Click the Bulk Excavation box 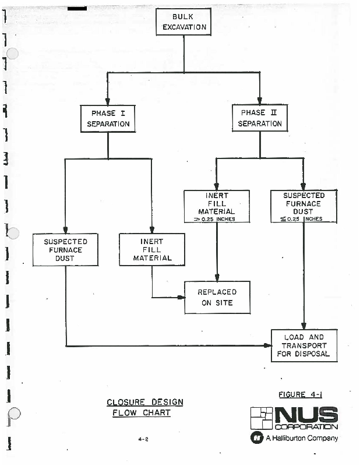[x=183, y=22]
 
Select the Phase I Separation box [x=108, y=118]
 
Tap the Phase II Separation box [x=260, y=118]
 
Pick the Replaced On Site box [x=217, y=297]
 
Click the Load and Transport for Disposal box [x=303, y=345]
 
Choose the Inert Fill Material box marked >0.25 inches [x=217, y=206]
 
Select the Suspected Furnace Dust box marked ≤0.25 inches [x=303, y=206]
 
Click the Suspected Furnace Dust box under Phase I [x=65, y=249]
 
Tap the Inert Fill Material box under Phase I [x=151, y=249]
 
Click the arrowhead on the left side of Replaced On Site [x=181, y=298]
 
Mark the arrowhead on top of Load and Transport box [x=303, y=326]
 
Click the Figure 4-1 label [x=301, y=395]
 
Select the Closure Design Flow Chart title [x=144, y=407]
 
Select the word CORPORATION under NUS [x=306, y=427]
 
